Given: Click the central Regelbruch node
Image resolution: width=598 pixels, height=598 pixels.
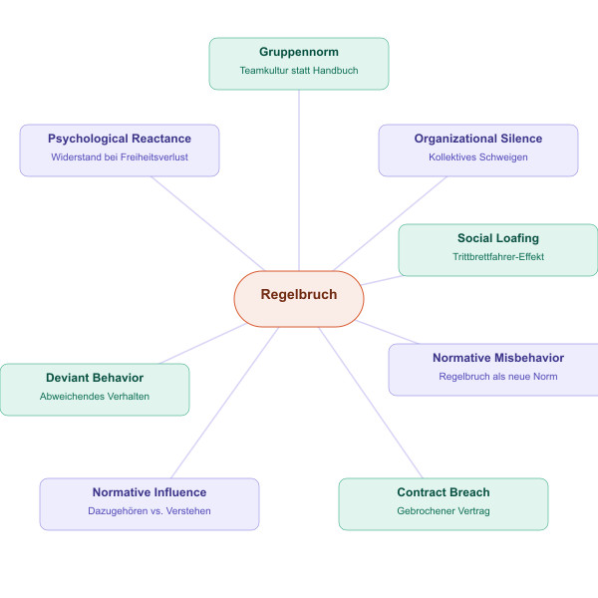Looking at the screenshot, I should tap(299, 295).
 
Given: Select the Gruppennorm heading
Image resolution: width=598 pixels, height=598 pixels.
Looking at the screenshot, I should tap(299, 52).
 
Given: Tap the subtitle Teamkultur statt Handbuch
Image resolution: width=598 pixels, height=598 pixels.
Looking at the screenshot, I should tap(299, 71).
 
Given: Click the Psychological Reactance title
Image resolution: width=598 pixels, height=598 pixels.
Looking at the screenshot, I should tap(120, 139).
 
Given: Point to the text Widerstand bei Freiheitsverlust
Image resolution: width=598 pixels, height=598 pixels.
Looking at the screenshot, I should tap(120, 157).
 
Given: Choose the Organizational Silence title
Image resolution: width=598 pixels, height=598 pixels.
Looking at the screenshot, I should tap(478, 139).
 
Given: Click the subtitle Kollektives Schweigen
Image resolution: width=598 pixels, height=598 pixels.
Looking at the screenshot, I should tap(478, 157).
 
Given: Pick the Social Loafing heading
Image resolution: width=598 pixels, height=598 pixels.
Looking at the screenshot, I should tap(498, 238).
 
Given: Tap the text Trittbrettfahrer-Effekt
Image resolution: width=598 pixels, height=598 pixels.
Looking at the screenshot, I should tap(498, 257).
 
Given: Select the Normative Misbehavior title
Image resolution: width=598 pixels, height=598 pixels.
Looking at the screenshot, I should tap(498, 358).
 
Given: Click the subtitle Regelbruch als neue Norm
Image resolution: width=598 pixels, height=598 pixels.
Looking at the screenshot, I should tap(498, 377).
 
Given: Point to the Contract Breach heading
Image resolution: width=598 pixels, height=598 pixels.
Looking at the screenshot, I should tap(444, 492).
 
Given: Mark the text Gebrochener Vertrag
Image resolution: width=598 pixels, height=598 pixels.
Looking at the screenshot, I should tap(444, 511).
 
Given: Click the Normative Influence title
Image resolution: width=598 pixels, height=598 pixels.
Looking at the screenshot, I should tap(149, 492).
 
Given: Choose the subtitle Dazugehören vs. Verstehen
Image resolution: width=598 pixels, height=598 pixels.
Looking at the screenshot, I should tap(149, 511).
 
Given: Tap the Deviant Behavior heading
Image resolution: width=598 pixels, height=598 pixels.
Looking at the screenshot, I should tap(95, 378).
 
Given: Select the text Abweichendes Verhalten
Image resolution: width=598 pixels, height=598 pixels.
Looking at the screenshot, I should tap(95, 397).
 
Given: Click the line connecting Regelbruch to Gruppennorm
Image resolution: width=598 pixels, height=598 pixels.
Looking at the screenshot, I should tap(299, 179).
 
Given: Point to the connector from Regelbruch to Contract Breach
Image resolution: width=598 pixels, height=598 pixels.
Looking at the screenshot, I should tap(371, 404).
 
